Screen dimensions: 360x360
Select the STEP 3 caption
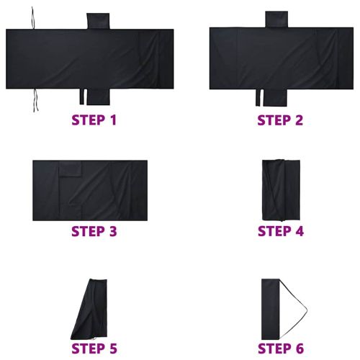tap(94, 232)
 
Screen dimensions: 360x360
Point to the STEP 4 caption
tap(281, 232)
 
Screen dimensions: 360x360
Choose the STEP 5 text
tap(94, 349)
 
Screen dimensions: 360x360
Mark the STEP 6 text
tap(281, 349)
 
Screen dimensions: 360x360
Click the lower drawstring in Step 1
tap(33, 100)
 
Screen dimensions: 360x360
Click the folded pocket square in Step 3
tap(71, 170)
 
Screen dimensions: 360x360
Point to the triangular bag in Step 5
tap(92, 310)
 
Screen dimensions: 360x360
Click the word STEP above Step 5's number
tap(84, 349)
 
